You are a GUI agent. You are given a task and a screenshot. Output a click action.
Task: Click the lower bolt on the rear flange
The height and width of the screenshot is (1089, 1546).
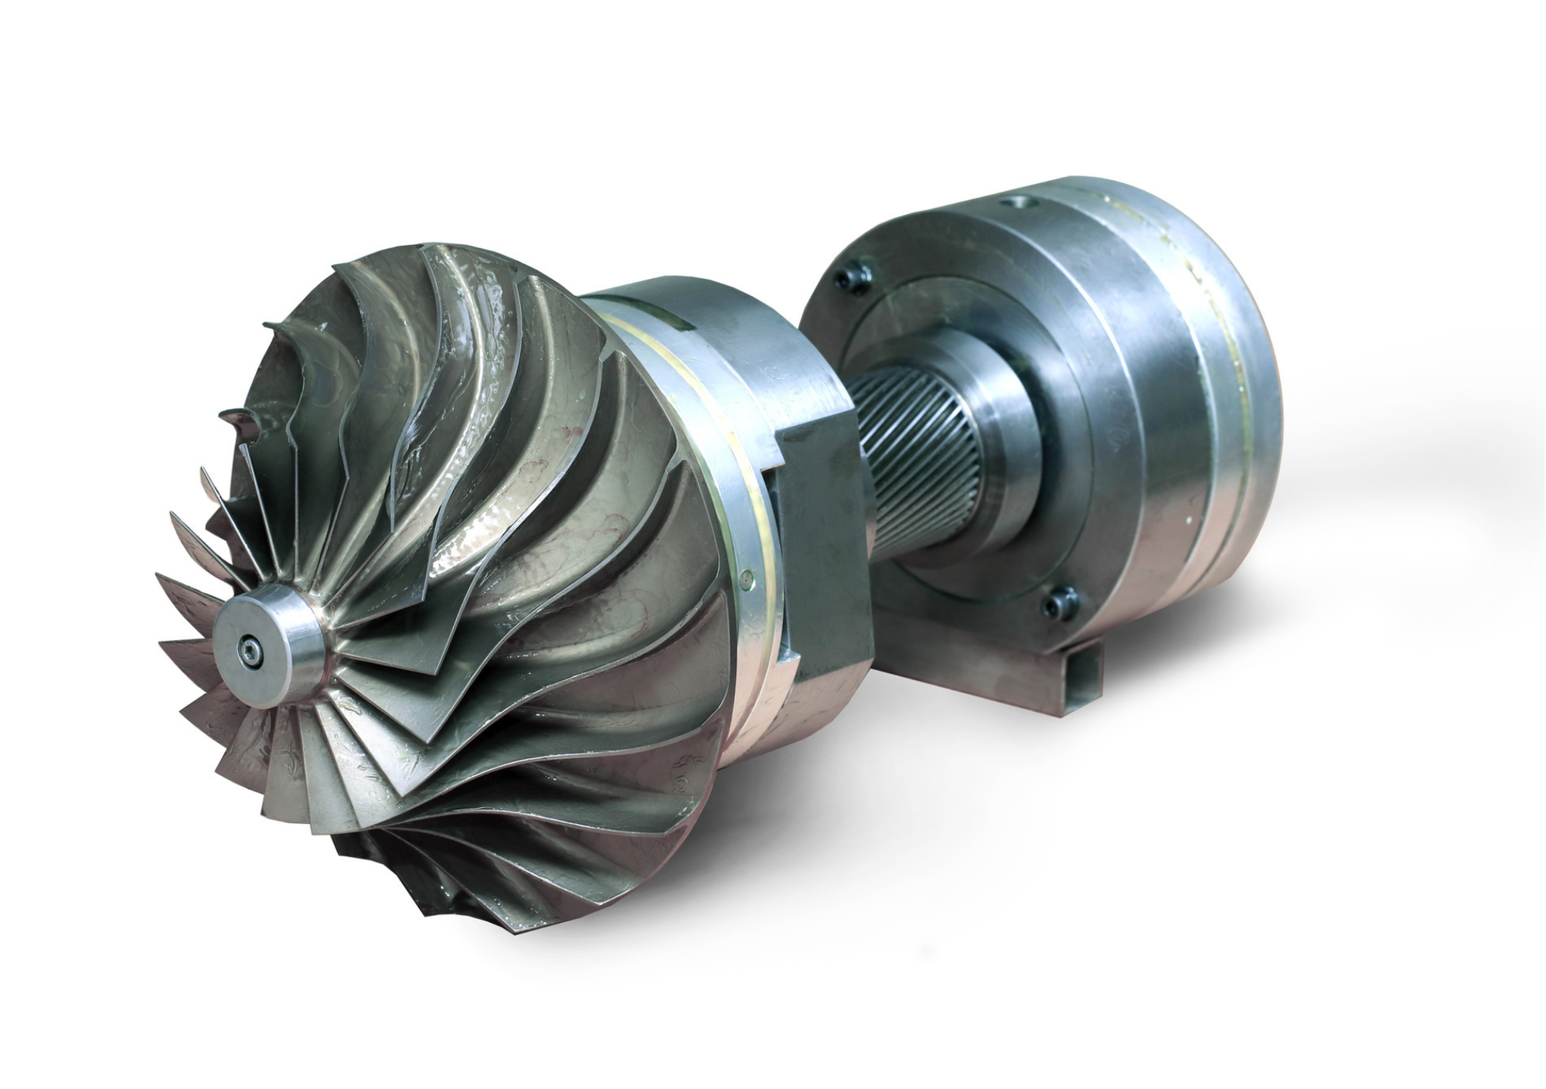1061,602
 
